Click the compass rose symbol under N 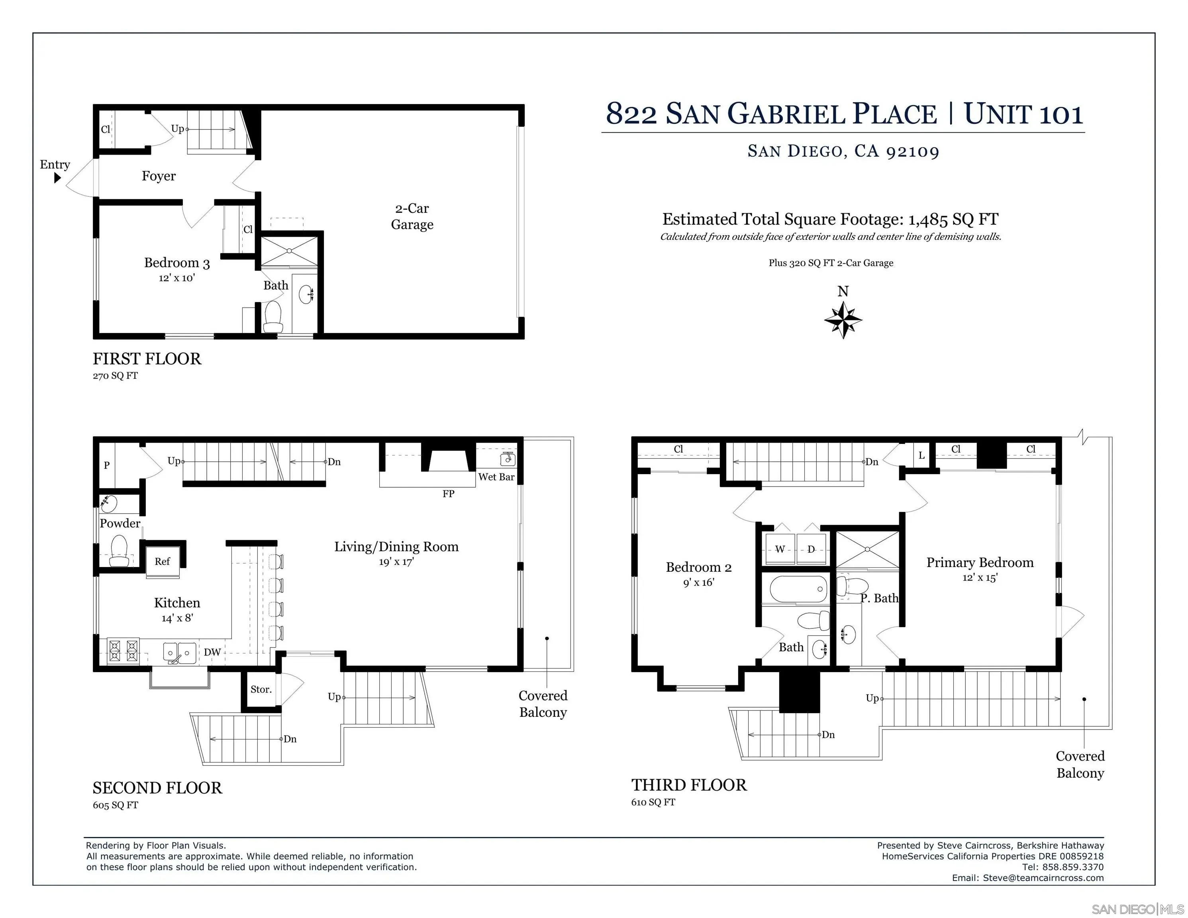(x=843, y=320)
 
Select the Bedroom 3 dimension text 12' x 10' (x=177, y=278)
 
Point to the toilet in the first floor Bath (x=272, y=317)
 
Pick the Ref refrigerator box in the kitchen (x=162, y=561)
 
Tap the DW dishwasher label (x=212, y=652)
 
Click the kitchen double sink (x=180, y=653)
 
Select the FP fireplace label (x=448, y=494)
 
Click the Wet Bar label (x=496, y=477)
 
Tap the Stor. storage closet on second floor (x=261, y=689)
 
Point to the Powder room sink (x=108, y=504)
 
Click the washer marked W (x=780, y=549)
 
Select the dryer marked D (x=811, y=549)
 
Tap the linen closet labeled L (x=921, y=455)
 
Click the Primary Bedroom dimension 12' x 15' (x=980, y=578)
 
